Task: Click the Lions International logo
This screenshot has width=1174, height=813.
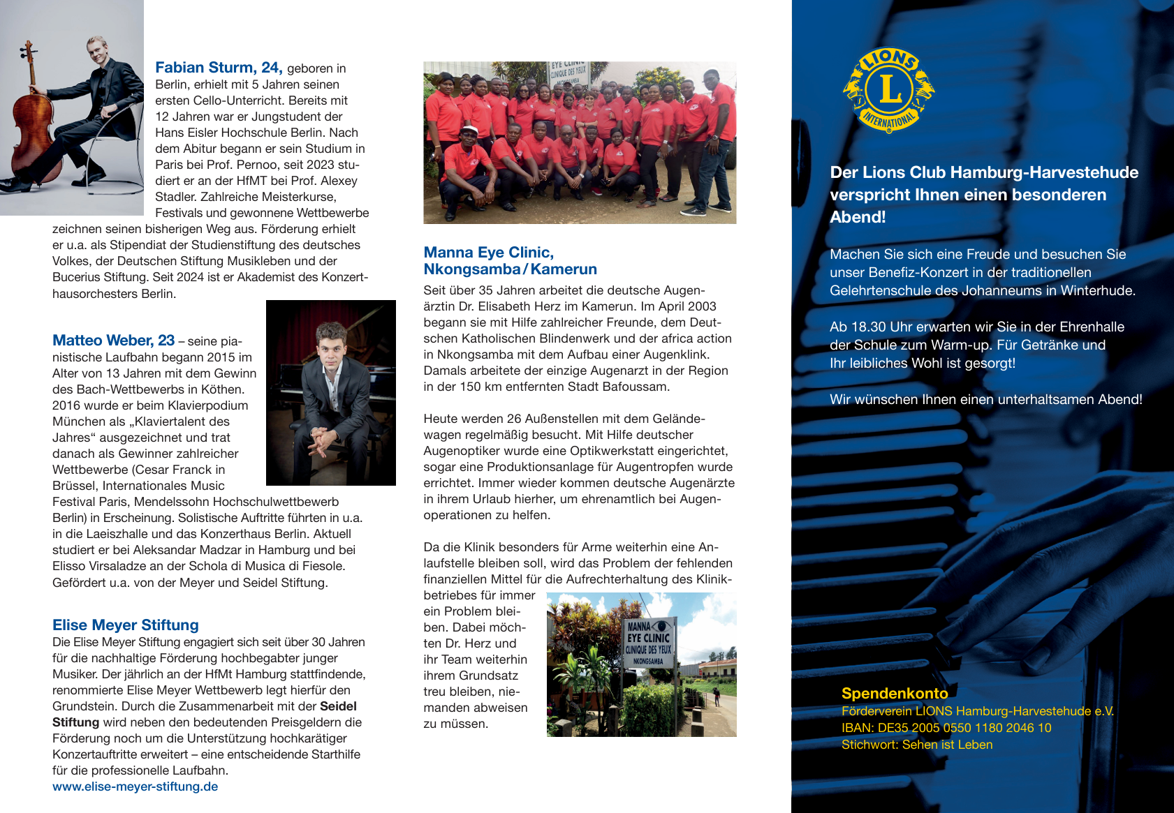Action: coord(888,90)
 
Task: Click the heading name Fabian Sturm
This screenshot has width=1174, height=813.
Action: coord(205,68)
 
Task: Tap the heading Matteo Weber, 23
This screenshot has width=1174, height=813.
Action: coord(113,341)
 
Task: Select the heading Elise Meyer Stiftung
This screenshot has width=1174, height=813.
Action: coord(126,625)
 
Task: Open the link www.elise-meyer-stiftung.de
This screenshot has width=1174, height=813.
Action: coord(135,786)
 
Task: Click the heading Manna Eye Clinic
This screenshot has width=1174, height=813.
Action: coord(488,253)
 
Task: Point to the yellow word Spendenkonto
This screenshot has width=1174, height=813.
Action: coord(894,694)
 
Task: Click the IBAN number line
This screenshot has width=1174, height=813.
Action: coord(946,728)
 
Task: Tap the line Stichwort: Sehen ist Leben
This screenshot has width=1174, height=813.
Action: coord(916,745)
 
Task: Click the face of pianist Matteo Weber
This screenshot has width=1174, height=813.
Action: coord(330,343)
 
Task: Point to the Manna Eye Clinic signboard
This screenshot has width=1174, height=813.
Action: coord(649,642)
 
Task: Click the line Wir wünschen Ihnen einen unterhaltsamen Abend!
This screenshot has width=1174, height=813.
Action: coord(985,399)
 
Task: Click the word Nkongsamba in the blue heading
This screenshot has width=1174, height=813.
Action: coord(471,269)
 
